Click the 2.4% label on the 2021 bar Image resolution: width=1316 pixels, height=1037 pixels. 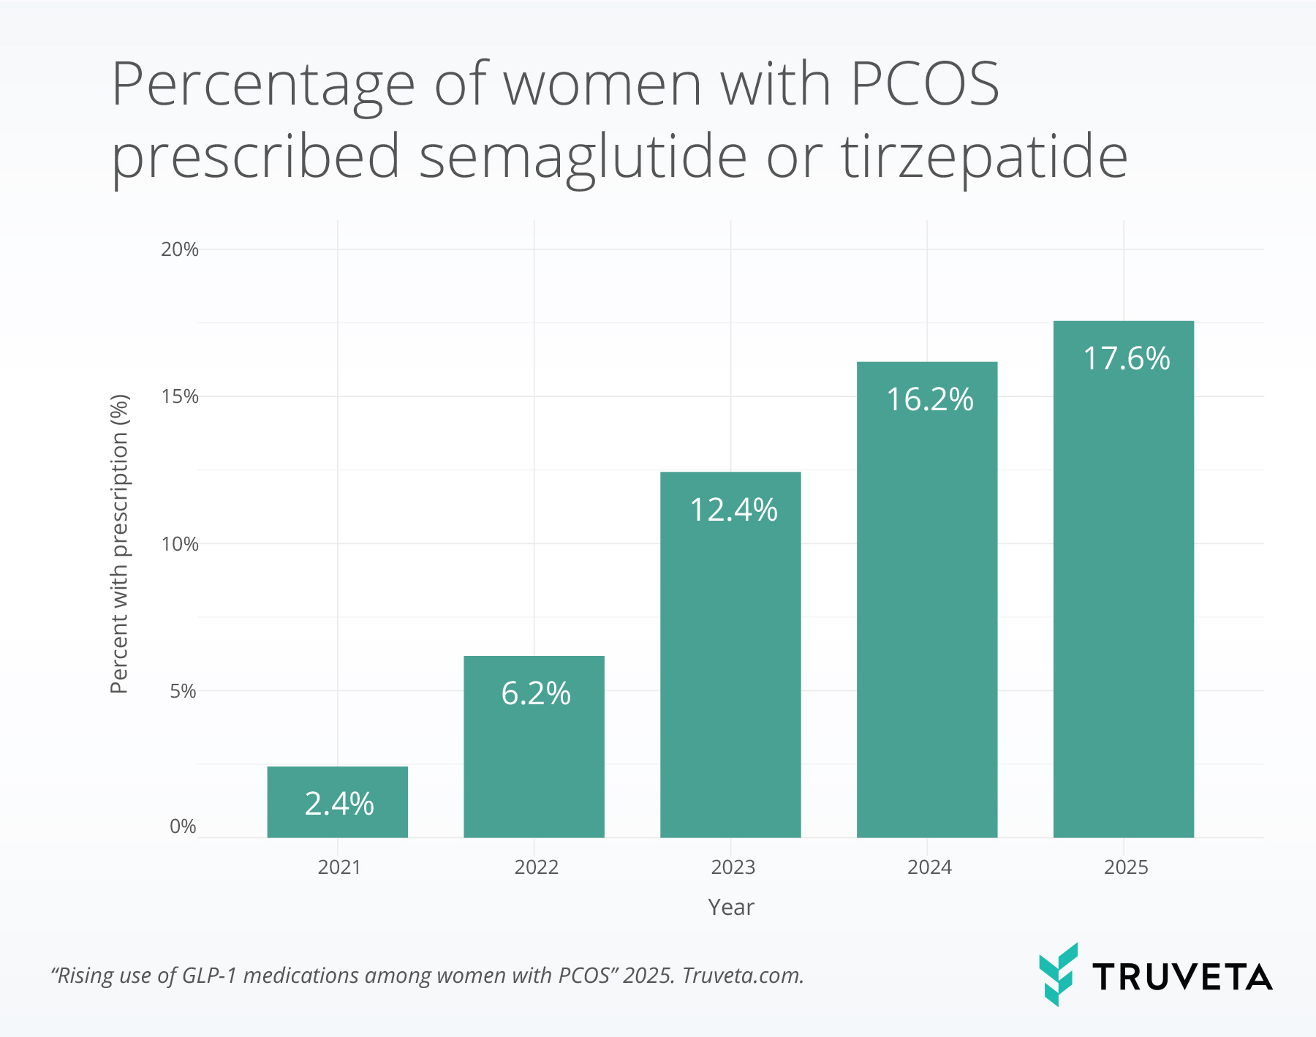tap(339, 804)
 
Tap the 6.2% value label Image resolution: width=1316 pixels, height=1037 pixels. tap(535, 693)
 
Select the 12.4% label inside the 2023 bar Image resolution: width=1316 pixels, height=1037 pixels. tap(733, 510)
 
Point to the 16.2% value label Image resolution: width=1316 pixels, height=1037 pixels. tap(929, 399)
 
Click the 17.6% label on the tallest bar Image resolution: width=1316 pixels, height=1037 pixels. tap(1126, 358)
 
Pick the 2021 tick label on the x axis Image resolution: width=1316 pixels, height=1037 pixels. tap(339, 867)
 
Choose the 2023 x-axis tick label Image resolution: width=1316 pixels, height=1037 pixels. tap(733, 867)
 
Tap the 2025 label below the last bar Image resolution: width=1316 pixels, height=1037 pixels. tap(1126, 867)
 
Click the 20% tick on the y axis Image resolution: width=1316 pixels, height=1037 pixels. tap(179, 249)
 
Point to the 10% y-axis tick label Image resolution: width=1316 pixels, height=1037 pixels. tap(179, 544)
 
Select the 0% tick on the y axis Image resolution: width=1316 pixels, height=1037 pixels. tap(183, 826)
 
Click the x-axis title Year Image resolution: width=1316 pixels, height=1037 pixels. tap(730, 907)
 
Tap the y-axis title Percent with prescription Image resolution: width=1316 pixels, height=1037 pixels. tap(119, 544)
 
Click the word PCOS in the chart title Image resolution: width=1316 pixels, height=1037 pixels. tap(924, 85)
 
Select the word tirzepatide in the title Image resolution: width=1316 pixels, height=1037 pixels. tap(983, 157)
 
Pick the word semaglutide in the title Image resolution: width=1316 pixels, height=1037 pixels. tap(583, 157)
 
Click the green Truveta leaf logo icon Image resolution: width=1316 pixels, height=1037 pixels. tap(1058, 974)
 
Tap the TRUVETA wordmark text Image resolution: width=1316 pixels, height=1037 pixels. tap(1182, 978)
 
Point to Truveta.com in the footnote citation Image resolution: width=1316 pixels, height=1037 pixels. tap(743, 976)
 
